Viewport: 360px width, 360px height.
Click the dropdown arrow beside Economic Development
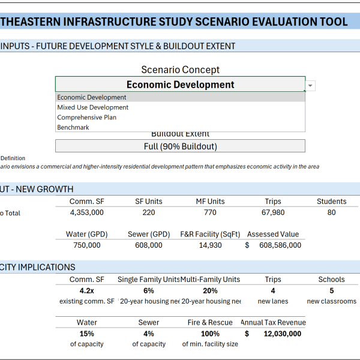click(310, 86)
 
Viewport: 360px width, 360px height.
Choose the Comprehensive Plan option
click(86, 118)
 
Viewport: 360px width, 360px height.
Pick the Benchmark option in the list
click(73, 127)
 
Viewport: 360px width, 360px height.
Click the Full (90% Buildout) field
click(180, 146)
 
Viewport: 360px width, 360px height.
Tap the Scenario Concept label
click(180, 70)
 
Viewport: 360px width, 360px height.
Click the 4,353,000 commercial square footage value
click(87, 212)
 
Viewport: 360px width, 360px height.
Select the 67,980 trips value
click(273, 212)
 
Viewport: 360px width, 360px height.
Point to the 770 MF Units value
click(210, 212)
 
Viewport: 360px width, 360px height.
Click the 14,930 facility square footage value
click(210, 245)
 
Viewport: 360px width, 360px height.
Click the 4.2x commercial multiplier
click(87, 290)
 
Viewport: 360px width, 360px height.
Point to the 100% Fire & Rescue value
click(210, 334)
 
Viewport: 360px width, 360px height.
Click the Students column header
click(331, 202)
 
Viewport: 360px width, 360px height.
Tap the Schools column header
click(331, 279)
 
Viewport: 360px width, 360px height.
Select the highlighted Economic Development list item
click(92, 97)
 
